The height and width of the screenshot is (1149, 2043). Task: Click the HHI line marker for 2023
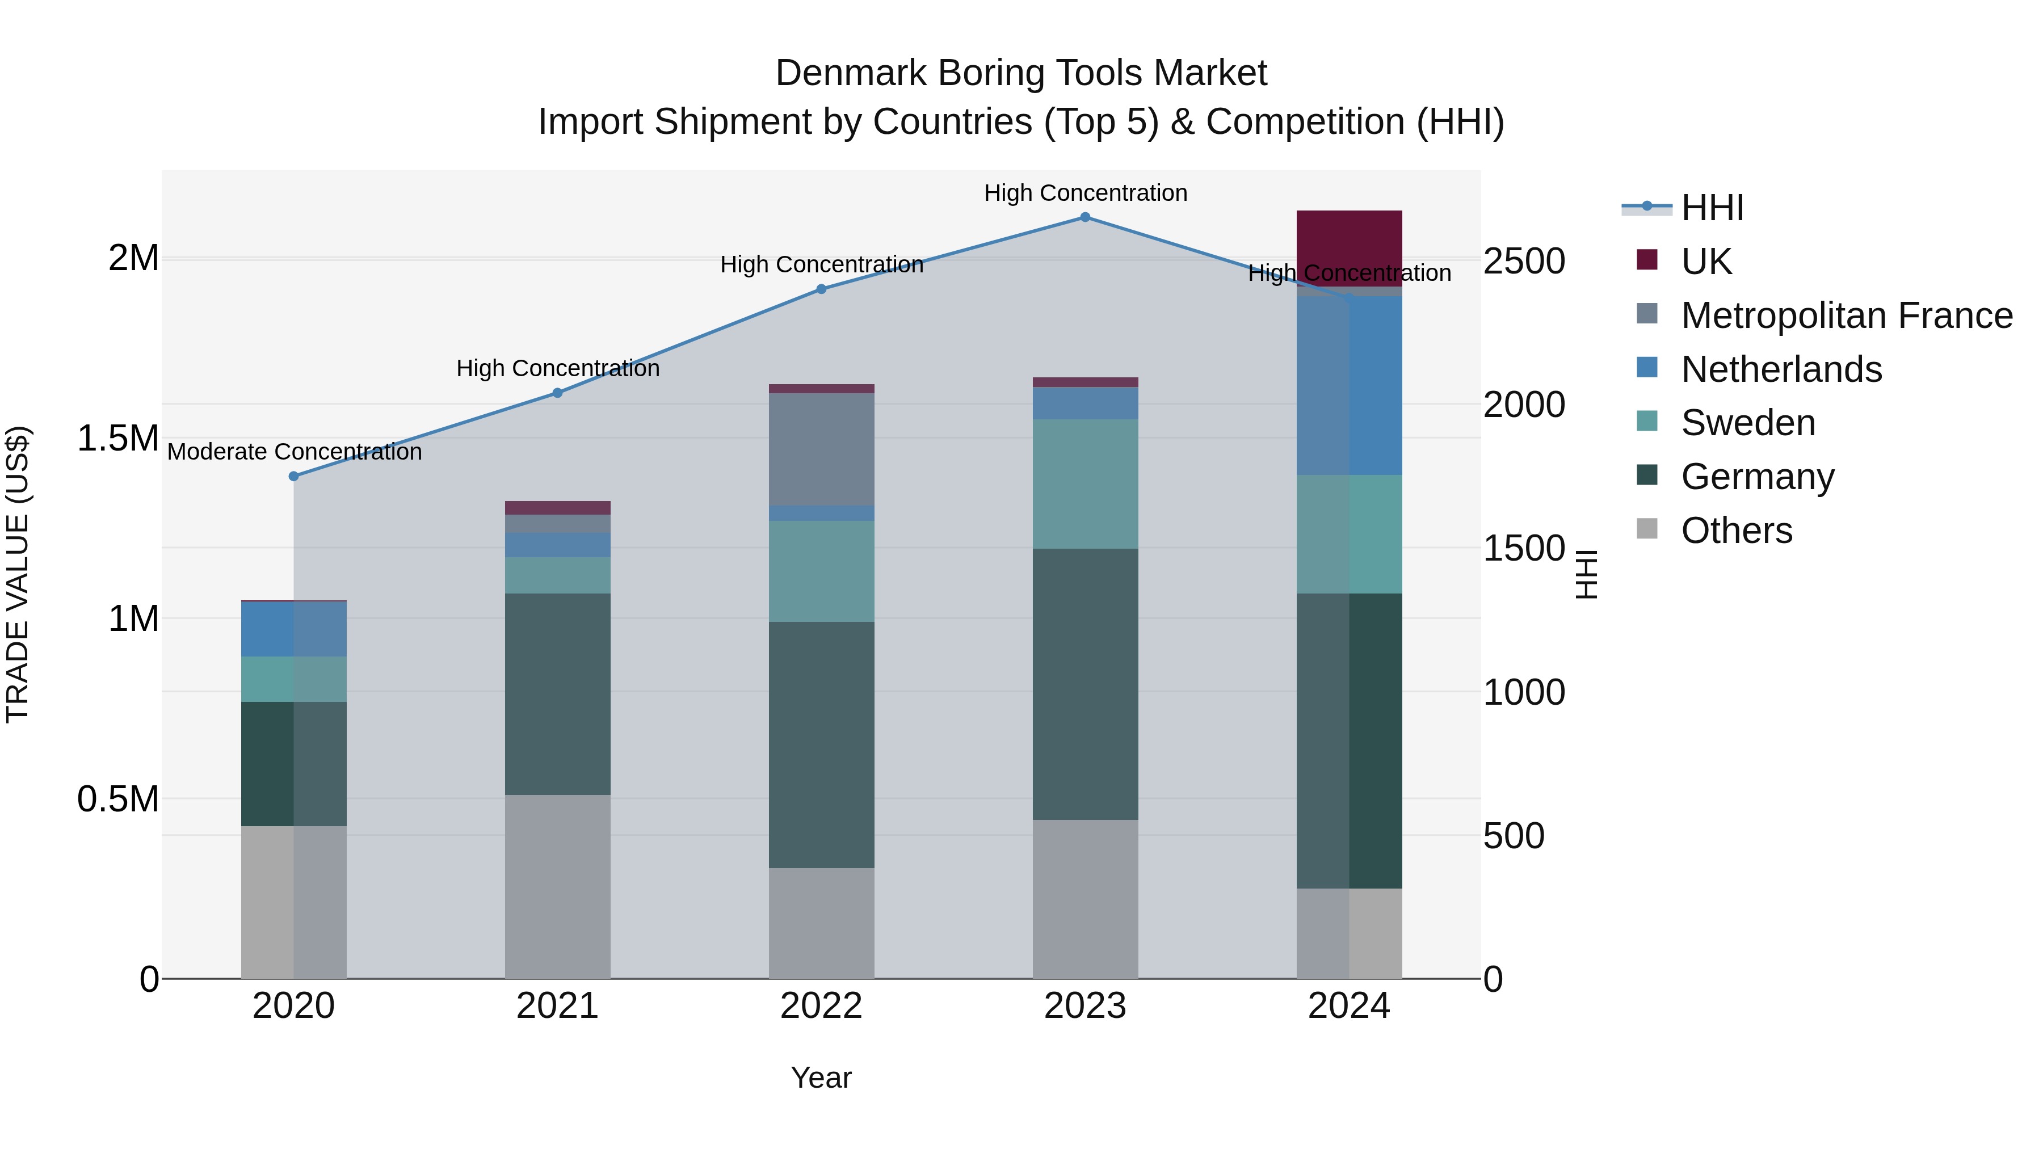[x=1085, y=217]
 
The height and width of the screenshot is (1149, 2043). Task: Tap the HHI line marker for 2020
[x=293, y=477]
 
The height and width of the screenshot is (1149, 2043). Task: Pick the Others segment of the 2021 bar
[x=557, y=886]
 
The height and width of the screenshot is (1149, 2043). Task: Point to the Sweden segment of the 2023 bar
[x=1085, y=483]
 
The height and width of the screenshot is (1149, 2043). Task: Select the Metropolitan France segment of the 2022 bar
[x=822, y=449]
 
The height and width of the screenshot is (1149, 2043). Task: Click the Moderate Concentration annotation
[x=294, y=452]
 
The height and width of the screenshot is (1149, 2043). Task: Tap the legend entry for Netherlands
[x=1780, y=369]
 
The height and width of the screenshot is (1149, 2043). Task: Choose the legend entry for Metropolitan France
[x=1846, y=315]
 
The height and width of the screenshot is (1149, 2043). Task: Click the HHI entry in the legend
[x=1712, y=208]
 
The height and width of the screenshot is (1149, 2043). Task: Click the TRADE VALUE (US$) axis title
[x=18, y=574]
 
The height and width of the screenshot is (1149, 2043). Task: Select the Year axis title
[x=821, y=1078]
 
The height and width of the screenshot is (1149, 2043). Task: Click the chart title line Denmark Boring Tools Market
[x=1021, y=73]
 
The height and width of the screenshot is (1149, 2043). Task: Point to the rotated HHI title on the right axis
[x=1586, y=574]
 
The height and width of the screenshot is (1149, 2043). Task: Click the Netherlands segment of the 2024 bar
[x=1349, y=385]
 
